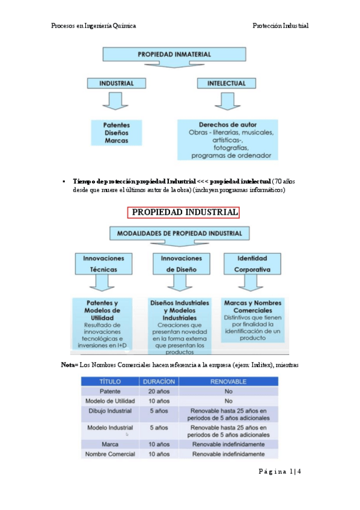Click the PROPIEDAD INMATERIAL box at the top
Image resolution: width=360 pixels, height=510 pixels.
[174, 54]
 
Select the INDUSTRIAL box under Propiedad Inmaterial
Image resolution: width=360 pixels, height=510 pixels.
[117, 83]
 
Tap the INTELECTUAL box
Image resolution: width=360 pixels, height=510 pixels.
[227, 83]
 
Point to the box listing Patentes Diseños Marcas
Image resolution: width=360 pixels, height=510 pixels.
[116, 132]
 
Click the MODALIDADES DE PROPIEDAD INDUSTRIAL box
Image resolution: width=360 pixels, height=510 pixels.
[180, 233]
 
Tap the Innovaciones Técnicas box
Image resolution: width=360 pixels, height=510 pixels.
[104, 263]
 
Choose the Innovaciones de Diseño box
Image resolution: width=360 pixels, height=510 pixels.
[181, 263]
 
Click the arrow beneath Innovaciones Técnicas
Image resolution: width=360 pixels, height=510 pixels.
[104, 283]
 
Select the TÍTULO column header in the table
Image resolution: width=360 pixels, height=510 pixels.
[110, 381]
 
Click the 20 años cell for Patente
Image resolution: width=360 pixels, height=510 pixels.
[157, 391]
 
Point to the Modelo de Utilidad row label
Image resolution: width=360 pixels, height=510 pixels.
[110, 401]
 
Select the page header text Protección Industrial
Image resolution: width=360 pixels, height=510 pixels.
[280, 26]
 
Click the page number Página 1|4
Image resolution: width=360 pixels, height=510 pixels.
[279, 472]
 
